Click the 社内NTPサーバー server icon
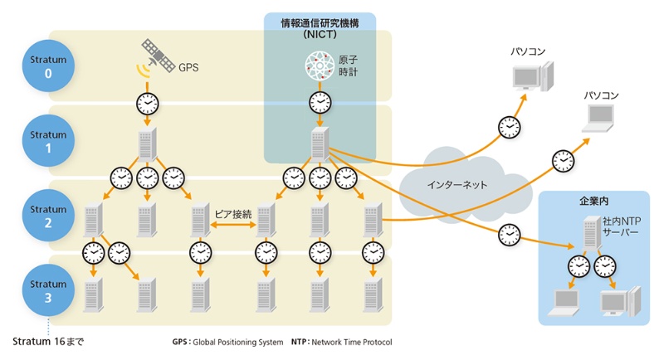590,231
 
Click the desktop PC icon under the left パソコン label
530,79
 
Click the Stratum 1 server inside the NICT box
320,144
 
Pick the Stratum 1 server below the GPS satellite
148,144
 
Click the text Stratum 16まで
49,341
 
